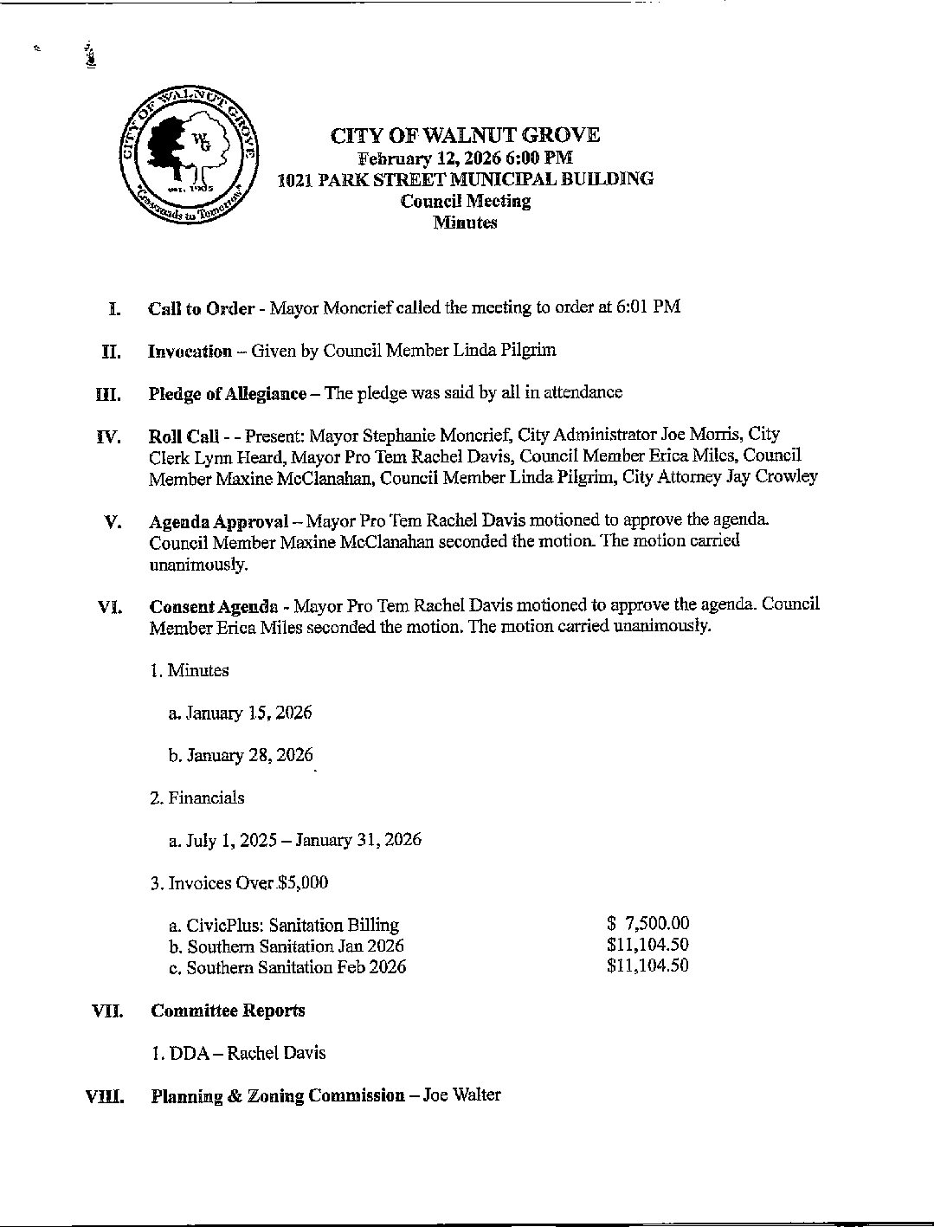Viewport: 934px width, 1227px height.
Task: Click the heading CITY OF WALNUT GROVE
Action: [x=465, y=135]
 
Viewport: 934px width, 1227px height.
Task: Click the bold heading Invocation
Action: [x=190, y=351]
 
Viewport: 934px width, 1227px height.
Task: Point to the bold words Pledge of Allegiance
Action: [x=227, y=393]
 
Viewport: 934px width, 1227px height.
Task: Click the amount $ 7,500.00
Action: [x=648, y=924]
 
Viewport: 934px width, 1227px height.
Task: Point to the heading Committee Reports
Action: [x=228, y=1011]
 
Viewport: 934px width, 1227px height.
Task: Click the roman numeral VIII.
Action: [x=103, y=1097]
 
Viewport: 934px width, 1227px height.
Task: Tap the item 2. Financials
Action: [x=196, y=798]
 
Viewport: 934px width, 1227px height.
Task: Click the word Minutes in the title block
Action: [x=465, y=223]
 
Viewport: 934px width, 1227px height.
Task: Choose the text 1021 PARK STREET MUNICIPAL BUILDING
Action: [x=465, y=179]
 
